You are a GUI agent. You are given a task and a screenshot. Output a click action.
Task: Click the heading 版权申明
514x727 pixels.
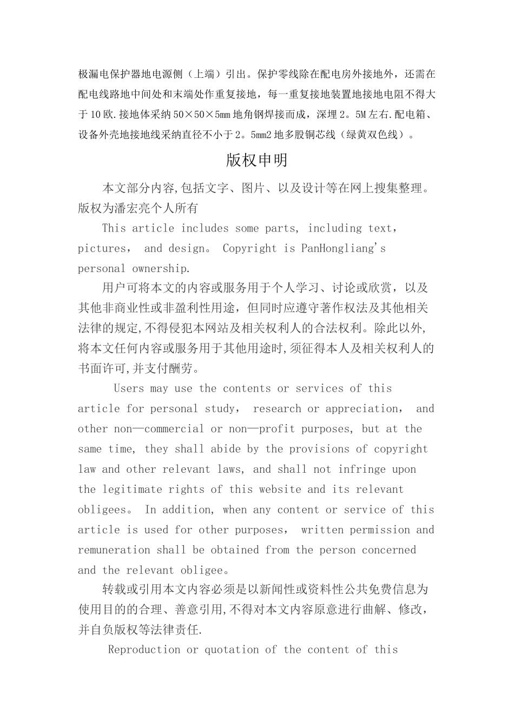(x=256, y=160)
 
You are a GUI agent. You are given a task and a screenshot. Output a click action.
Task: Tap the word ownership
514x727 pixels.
(x=162, y=268)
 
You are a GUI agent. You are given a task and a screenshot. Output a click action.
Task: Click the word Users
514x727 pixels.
(x=129, y=388)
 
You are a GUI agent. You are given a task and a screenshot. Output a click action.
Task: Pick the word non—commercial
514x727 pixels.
(x=159, y=429)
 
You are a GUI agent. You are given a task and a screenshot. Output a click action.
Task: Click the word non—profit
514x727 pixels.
(x=261, y=429)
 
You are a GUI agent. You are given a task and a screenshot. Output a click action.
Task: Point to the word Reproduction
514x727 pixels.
(x=144, y=650)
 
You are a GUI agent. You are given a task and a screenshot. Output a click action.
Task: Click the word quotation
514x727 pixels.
(x=231, y=650)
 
